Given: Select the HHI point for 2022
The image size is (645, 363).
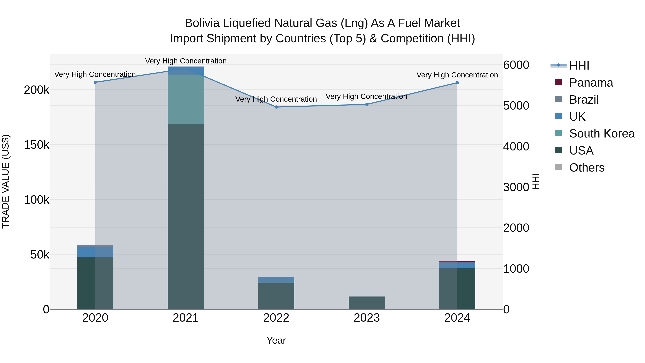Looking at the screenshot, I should tap(276, 107).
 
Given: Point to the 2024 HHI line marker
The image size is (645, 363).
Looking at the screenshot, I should tap(457, 83).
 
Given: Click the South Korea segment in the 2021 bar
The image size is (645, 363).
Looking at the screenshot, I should tap(186, 100).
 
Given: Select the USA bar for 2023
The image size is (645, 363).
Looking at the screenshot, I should tap(367, 303).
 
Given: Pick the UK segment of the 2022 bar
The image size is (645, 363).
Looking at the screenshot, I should tap(276, 280).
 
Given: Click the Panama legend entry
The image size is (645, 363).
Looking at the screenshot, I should tap(591, 83).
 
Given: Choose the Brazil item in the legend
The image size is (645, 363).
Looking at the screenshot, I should tap(584, 100).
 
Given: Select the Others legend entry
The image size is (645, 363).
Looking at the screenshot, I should tap(587, 168).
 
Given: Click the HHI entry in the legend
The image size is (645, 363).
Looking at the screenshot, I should tap(579, 66).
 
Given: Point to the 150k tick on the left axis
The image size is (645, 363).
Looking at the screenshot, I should tap(37, 145).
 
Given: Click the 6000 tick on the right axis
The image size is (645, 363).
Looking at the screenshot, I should tap(516, 65).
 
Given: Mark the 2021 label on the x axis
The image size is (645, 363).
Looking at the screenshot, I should tap(186, 318).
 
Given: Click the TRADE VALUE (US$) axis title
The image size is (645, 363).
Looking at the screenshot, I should tap(6, 181).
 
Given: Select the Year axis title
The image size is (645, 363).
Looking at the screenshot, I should tap(276, 340).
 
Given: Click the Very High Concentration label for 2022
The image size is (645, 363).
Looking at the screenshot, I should tap(276, 99).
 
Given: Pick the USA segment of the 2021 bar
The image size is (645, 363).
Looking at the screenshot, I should tap(186, 216).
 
